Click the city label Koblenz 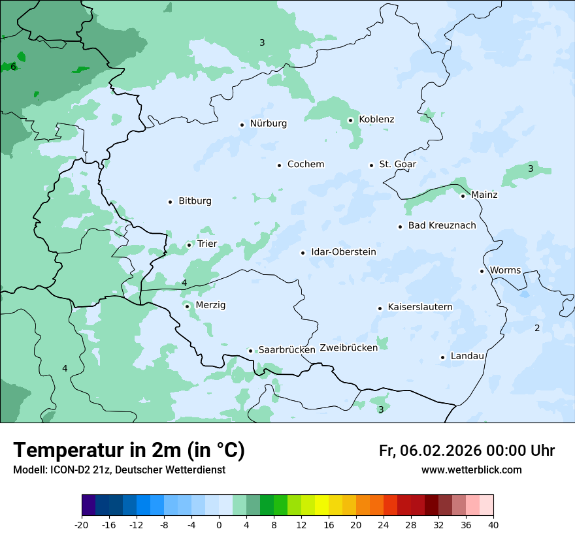tap(376, 120)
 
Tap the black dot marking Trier tap(189, 245)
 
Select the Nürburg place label tap(268, 123)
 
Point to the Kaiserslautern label tap(420, 307)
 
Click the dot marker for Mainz tap(463, 196)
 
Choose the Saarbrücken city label tap(287, 350)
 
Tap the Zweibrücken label tap(349, 348)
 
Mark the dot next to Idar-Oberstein tap(303, 253)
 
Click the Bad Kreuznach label tap(442, 226)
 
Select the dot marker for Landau tap(442, 357)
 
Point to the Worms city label tap(505, 270)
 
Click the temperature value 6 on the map tap(13, 67)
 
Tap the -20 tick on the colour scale tap(82, 524)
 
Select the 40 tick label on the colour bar tap(493, 524)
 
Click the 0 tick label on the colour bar tap(219, 524)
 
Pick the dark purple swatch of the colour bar tap(88, 505)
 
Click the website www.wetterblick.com tap(471, 470)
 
